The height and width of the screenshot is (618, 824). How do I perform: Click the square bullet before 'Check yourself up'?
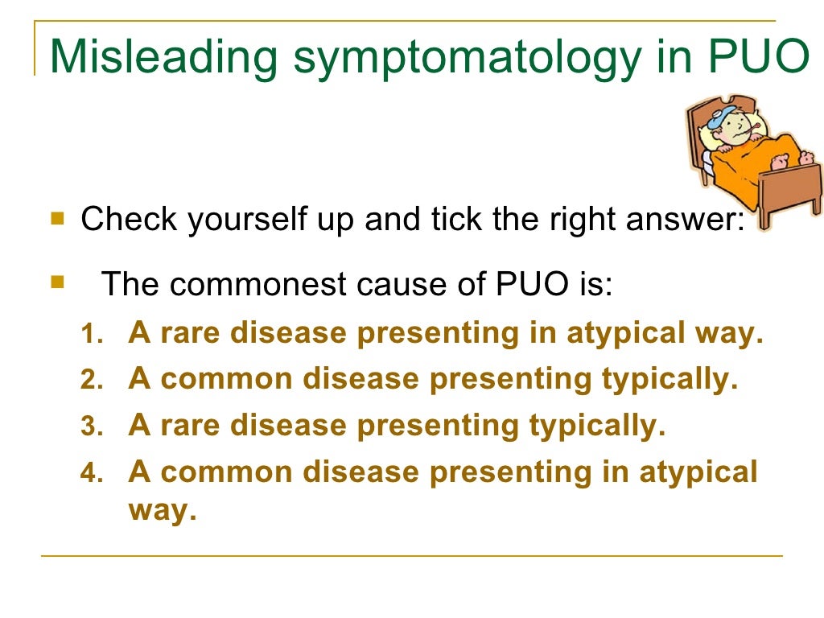pos(57,218)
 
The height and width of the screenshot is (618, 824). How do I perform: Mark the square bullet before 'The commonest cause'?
pos(57,282)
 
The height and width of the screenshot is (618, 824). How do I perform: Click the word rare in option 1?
pos(190,334)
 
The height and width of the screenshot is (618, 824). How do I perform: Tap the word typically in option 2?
pos(669,380)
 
